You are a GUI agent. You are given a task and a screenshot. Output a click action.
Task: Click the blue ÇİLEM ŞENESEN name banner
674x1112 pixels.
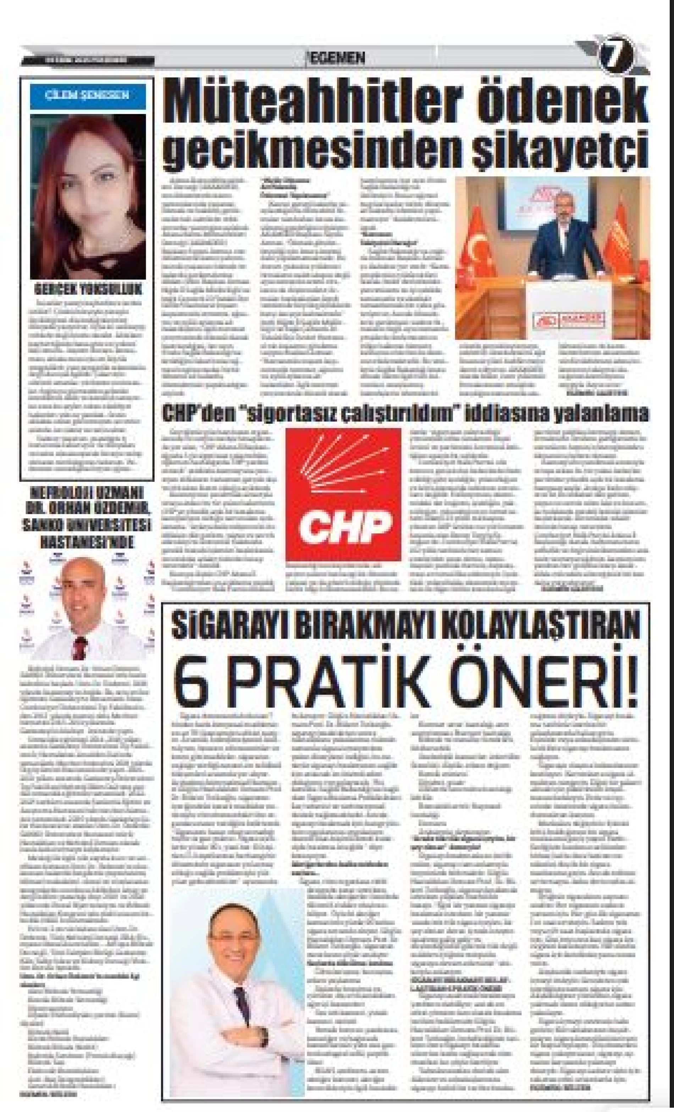tap(88, 95)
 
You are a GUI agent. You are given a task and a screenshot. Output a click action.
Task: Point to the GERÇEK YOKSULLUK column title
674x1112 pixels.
tap(88, 289)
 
